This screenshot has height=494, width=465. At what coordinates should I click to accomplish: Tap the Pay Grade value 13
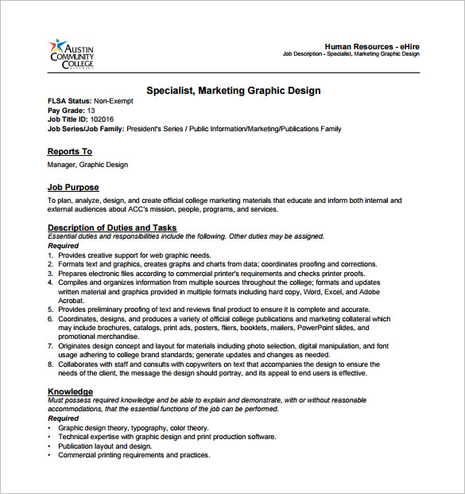tap(91, 110)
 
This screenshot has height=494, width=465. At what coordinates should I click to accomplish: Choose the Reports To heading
tap(70, 151)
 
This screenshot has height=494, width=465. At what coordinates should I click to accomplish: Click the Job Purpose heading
tap(73, 187)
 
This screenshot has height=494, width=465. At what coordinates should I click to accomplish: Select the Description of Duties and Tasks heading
tap(112, 228)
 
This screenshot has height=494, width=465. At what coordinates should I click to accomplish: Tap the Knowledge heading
tap(70, 391)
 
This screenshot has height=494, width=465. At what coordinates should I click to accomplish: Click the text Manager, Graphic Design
tap(87, 165)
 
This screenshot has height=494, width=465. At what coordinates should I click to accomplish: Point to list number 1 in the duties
tap(50, 255)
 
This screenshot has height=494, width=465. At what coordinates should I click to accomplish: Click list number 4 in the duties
tap(50, 282)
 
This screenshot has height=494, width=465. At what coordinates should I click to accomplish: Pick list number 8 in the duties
tap(50, 364)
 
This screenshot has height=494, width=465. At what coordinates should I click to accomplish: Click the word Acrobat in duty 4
tap(72, 300)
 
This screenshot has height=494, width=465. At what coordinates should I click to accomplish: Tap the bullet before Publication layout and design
tap(50, 446)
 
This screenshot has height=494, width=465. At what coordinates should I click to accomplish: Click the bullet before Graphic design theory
tap(50, 427)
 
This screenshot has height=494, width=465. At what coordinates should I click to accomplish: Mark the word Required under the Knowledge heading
tap(64, 418)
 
